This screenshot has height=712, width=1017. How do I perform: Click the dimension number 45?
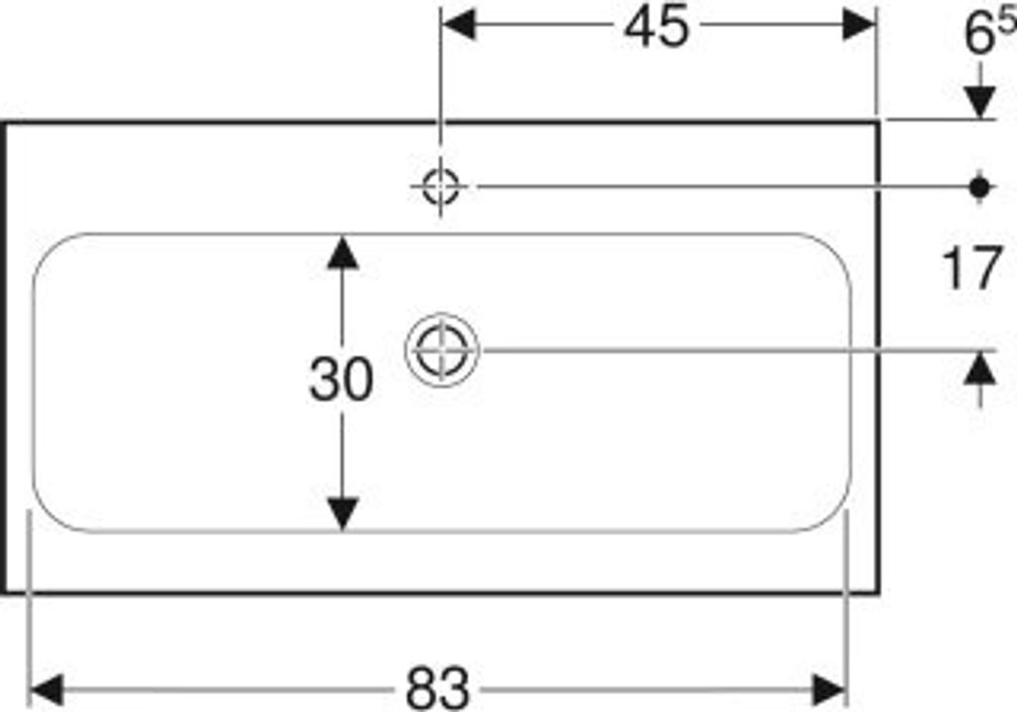[x=655, y=27]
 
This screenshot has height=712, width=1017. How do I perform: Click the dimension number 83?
[x=438, y=689]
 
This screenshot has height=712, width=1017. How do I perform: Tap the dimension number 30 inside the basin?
[x=342, y=379]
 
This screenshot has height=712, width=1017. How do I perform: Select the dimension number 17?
[x=971, y=268]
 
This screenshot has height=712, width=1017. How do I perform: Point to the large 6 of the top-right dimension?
[x=979, y=34]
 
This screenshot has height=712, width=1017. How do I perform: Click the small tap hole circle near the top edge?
[x=440, y=187]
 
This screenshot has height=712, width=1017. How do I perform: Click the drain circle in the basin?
[x=442, y=351]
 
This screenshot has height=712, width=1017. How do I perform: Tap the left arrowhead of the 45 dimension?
[x=458, y=25]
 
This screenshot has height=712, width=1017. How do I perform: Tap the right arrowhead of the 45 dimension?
[x=859, y=25]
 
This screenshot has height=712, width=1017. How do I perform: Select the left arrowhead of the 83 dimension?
[x=47, y=690]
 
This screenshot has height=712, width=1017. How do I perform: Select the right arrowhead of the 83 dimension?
[x=829, y=690]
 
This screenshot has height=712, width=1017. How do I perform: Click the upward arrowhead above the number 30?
[x=343, y=252]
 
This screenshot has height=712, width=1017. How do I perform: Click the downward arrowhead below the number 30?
[x=343, y=513]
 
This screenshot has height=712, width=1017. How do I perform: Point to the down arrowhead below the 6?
[x=980, y=102]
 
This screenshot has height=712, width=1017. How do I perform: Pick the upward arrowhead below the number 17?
[x=980, y=369]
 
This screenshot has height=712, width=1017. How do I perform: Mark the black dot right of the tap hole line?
[x=980, y=188]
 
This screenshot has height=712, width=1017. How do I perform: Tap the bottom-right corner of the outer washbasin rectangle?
[x=878, y=592]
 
